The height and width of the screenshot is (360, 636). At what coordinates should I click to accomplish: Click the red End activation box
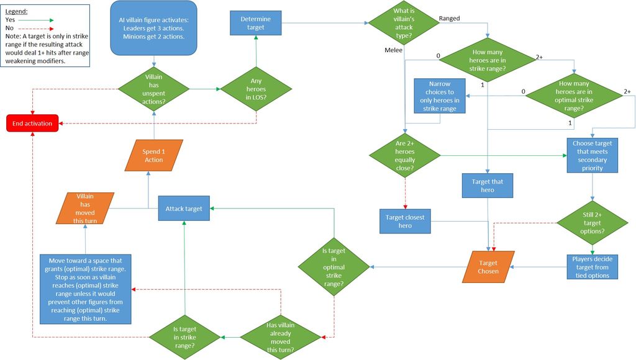click(33, 124)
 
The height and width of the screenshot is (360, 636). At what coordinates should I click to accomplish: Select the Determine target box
click(255, 23)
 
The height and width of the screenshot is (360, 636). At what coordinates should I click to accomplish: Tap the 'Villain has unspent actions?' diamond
click(154, 88)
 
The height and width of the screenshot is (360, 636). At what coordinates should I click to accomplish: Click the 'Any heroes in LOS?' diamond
click(255, 88)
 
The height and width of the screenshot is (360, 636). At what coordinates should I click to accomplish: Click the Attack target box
click(184, 209)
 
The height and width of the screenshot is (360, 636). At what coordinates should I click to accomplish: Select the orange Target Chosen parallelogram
click(488, 266)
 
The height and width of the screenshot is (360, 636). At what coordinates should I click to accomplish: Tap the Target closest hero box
click(404, 222)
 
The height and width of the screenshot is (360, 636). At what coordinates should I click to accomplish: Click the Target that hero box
click(488, 186)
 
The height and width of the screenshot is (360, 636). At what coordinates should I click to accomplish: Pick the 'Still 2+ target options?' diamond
click(593, 222)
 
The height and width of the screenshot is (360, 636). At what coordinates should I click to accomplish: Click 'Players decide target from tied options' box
click(593, 266)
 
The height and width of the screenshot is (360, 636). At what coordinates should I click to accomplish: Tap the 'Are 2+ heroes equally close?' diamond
click(404, 155)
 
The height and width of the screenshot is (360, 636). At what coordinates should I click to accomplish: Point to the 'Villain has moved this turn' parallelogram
click(85, 209)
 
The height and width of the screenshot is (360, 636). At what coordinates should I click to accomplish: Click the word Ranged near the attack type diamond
click(449, 19)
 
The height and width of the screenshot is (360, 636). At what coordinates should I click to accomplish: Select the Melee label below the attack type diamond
click(393, 50)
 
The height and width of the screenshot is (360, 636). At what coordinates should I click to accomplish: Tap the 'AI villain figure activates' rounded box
click(154, 27)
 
